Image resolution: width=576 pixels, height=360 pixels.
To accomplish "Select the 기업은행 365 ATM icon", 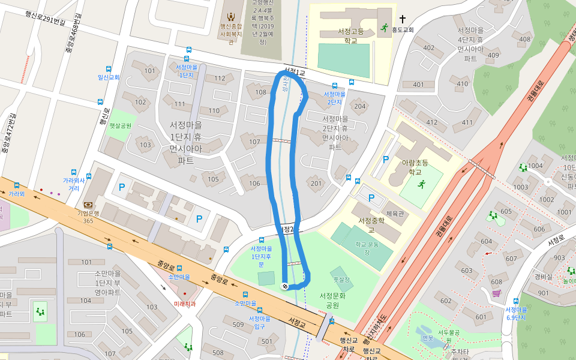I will coord(88,205).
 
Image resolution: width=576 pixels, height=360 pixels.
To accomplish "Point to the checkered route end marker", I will coord(284,286).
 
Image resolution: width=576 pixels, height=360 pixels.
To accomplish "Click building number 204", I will coord(359,107).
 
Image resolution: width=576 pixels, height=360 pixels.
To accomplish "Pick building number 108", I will coord(260,92).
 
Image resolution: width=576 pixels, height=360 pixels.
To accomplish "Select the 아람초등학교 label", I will coord(415,167).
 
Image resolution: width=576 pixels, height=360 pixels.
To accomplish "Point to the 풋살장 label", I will coord(341,279).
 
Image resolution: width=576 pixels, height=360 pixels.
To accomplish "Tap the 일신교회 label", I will coord(109,77).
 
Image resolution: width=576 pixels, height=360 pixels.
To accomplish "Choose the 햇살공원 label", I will coord(120,126).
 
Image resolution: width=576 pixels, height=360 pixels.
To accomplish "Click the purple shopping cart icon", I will coord(496,293).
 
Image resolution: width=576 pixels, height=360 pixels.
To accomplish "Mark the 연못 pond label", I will coord(427,337).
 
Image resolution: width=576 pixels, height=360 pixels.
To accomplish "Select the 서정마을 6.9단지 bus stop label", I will coord(515,313).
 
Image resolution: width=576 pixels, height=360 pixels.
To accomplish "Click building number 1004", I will coord(535,165).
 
